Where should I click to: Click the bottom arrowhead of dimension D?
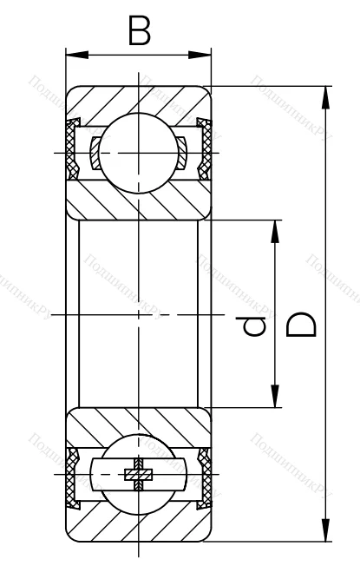click(x=324, y=532)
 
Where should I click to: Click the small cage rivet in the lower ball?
click(x=138, y=474)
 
